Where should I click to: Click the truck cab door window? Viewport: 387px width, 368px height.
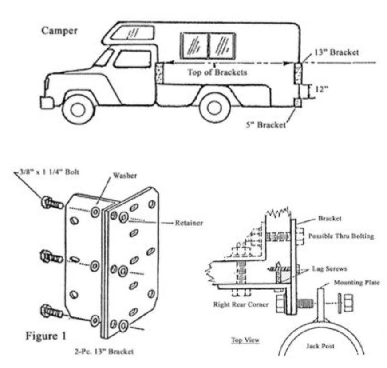pyautogui.click(x=132, y=59)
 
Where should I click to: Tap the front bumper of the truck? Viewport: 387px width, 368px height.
pyautogui.click(x=47, y=102)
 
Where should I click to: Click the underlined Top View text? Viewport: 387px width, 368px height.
pyautogui.click(x=245, y=340)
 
